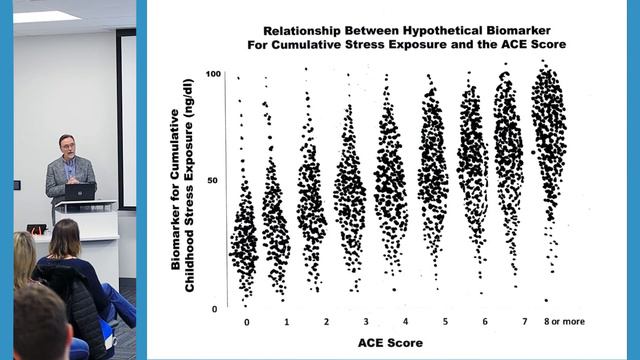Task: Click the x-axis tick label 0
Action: point(245,322)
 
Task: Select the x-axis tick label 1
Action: point(287,322)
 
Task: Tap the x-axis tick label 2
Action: point(327,322)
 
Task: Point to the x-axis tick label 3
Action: point(366,322)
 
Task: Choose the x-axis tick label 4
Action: point(405,321)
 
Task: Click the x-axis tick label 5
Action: point(445,321)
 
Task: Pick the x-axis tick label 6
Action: point(485,321)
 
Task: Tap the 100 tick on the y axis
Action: point(213,75)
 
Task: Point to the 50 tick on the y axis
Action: point(215,181)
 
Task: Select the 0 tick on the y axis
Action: point(216,309)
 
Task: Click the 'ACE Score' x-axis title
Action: point(390,343)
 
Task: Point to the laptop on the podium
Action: point(80,191)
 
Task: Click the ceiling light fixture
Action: point(46,16)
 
